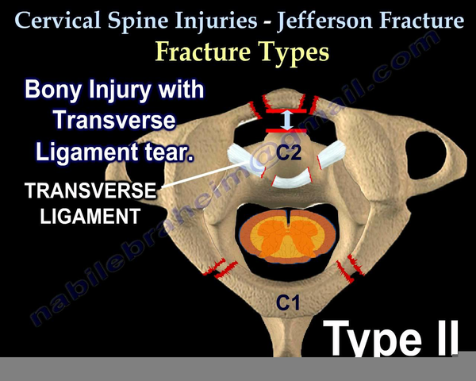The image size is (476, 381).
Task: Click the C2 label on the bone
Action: tap(289, 152)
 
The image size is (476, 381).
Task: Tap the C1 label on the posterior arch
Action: tap(288, 302)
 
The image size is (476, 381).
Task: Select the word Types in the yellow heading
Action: tap(293, 52)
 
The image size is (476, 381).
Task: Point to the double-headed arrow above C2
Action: tap(286, 121)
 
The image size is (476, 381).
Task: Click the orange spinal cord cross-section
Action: tap(287, 236)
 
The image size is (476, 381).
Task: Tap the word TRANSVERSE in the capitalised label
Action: tap(90, 190)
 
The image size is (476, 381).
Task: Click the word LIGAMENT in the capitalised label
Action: tap(90, 216)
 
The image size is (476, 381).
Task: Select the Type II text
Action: tap(391, 337)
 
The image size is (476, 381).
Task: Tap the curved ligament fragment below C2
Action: tap(292, 179)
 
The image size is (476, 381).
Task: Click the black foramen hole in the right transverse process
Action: tap(427, 156)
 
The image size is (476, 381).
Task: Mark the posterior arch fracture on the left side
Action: tap(221, 268)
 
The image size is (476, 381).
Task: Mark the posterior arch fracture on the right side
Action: tap(351, 268)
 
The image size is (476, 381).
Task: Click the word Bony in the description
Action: tap(53, 89)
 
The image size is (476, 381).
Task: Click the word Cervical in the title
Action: tap(57, 21)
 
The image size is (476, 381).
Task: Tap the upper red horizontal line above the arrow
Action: tap(286, 111)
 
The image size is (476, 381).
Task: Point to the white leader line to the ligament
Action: tap(204, 175)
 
